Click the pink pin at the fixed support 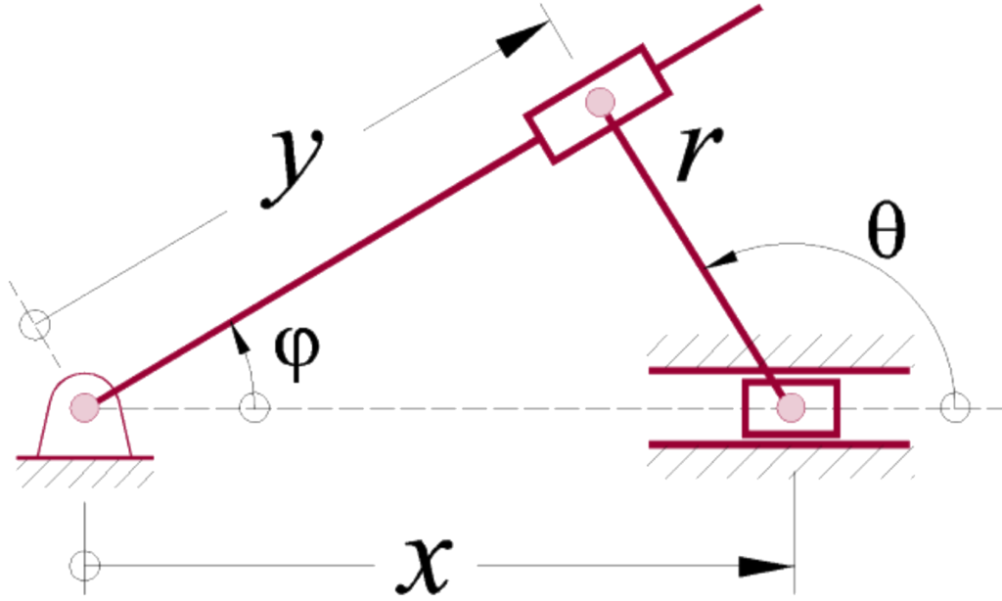tap(85, 406)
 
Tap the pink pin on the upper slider tap(598, 101)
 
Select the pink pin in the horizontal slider tap(791, 406)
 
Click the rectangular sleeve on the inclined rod tap(598, 101)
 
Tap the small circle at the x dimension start tap(85, 565)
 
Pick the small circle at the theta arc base tap(954, 406)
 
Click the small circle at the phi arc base tap(254, 406)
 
